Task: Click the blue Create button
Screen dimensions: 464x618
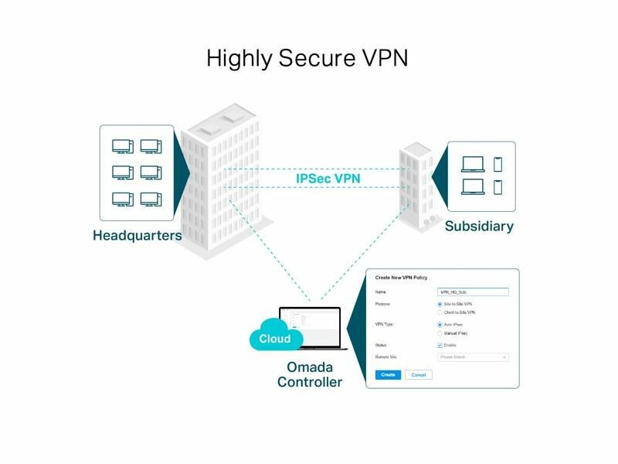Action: (389, 374)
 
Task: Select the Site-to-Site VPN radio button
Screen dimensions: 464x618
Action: (440, 305)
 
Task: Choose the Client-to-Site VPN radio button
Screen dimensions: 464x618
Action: (440, 312)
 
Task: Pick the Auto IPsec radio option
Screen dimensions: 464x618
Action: (440, 325)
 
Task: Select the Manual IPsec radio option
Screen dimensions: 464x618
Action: (440, 333)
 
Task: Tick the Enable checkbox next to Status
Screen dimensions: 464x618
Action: (440, 345)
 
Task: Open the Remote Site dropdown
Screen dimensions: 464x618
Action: (473, 357)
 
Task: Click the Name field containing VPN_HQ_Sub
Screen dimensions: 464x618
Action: (473, 292)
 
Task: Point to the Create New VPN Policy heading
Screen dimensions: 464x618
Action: (401, 277)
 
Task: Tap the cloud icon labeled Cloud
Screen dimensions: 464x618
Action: (275, 337)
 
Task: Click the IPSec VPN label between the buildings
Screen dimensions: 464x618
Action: (328, 179)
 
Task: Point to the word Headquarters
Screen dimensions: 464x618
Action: (138, 235)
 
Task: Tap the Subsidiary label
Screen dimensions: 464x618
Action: (479, 227)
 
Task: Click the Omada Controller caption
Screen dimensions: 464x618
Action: (309, 374)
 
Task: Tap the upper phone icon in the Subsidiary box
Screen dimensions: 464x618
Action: (497, 164)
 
